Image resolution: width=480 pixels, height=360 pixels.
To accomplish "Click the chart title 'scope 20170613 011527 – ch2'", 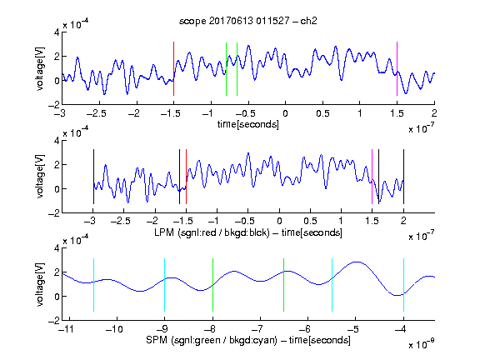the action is [x=248, y=21].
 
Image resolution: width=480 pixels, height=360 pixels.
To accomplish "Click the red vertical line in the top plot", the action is [x=173, y=69].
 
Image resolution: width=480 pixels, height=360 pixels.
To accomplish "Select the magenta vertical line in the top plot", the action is [x=397, y=69].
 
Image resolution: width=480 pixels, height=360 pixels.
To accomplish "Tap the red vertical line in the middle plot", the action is [x=186, y=177].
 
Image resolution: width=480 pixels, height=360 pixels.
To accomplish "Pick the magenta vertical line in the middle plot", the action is [x=372, y=177].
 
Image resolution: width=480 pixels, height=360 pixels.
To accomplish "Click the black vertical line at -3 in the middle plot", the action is [x=93, y=177].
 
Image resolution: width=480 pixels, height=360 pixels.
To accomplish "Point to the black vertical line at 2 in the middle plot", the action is [x=403, y=177].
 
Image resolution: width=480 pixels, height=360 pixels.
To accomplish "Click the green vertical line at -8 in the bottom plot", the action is [x=212, y=285].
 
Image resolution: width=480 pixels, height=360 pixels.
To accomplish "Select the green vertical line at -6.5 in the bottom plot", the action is [x=284, y=285].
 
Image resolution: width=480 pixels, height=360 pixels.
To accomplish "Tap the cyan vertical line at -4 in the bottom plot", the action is [x=403, y=285].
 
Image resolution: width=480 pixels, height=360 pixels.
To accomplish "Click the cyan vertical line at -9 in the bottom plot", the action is [x=164, y=285].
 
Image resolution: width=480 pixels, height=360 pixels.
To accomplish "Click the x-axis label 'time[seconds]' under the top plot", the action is [x=248, y=124].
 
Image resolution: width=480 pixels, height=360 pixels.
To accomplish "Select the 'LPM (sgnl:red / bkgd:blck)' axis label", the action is [x=212, y=232].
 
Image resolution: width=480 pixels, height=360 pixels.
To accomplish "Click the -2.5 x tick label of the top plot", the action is [x=97, y=113].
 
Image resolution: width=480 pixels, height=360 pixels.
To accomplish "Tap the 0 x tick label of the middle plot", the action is [x=279, y=221].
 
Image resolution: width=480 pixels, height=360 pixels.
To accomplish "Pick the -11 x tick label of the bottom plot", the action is [x=67, y=329].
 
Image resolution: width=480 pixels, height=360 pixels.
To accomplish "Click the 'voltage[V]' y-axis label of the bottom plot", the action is [x=40, y=284].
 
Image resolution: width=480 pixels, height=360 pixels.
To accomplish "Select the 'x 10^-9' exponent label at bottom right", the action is [x=422, y=344].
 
